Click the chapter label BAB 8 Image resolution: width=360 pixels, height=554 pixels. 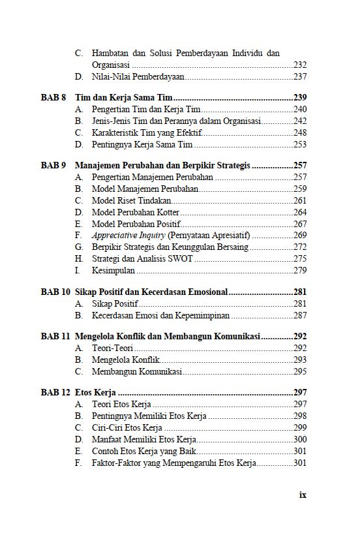53,98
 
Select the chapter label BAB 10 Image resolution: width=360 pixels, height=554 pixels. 55,292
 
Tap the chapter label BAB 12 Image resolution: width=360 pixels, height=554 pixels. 55,393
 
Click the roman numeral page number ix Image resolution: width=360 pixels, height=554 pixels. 303,495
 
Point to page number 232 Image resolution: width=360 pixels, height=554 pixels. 300,65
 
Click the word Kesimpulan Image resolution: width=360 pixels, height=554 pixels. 113,271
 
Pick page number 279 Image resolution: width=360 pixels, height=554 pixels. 300,271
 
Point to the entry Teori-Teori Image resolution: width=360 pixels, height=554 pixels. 113,348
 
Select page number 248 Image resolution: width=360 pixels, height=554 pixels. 300,133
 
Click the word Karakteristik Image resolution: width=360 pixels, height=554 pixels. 117,133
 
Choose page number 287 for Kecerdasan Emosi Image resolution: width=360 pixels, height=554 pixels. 300,316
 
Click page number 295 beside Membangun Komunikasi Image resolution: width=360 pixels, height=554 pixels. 300,372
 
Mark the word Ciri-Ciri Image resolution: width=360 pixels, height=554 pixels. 108,428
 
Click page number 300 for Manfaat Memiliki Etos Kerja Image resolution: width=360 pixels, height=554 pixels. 300,440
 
